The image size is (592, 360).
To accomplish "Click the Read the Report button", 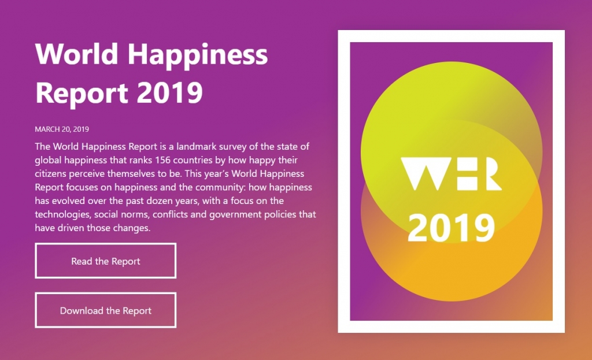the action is (x=106, y=261).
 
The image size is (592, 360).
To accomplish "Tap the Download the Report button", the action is (x=106, y=310).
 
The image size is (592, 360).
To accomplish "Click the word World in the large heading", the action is (x=77, y=54).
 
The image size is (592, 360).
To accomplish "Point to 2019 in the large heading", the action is (x=170, y=92).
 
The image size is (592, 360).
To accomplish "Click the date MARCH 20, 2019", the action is (x=62, y=129).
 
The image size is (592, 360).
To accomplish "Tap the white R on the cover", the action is (x=489, y=173).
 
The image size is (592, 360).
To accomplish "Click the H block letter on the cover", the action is (x=466, y=173).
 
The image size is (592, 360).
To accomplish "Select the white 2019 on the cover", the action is (x=451, y=228).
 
